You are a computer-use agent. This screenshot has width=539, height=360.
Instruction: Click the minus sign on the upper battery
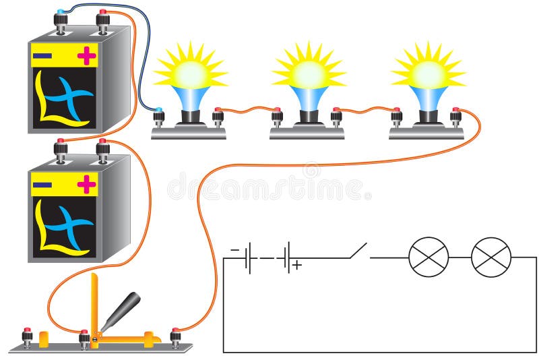coord(42,55)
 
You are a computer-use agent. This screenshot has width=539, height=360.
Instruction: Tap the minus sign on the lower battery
coord(42,183)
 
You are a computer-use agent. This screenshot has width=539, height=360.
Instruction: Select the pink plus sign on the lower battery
coord(86,183)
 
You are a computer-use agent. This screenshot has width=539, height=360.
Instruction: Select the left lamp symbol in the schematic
coord(429,258)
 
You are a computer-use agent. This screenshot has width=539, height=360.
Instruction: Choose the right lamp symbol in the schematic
coord(491,258)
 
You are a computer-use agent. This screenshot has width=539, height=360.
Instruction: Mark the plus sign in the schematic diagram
coord(296,266)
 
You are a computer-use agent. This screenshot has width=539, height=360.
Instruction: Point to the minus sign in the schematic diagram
coord(235,250)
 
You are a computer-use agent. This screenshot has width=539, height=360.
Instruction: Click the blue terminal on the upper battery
coord(61,13)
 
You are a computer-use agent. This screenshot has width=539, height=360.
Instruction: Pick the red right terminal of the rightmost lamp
coord(455,111)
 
